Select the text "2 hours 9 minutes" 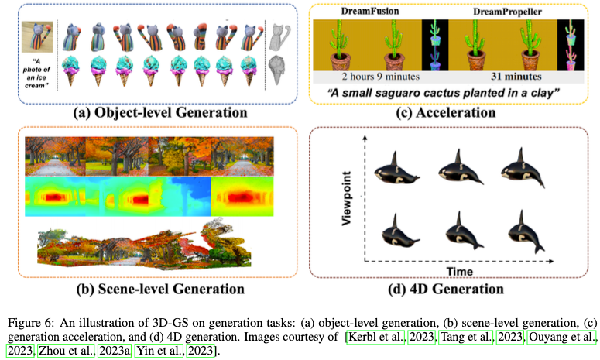point(366,77)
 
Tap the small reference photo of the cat point(36,34)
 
